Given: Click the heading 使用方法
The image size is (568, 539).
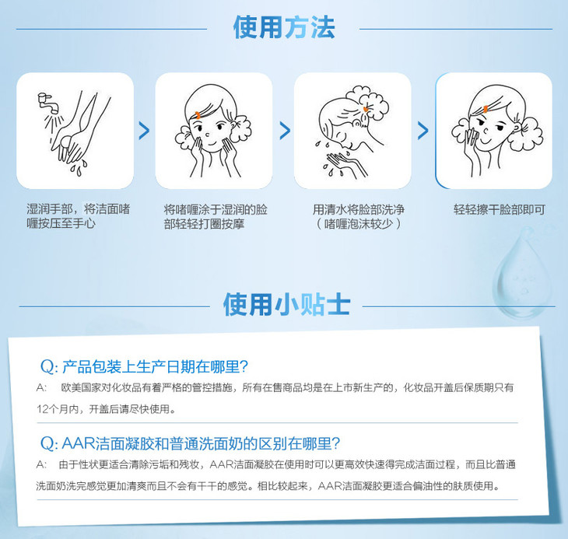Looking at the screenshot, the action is [x=284, y=27].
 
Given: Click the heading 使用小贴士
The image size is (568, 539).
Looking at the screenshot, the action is [x=286, y=305].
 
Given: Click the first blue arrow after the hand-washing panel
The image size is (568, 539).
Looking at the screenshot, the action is [x=144, y=131].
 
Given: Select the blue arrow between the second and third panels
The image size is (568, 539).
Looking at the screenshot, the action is [x=285, y=131].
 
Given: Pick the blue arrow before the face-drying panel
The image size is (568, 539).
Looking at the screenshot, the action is [x=422, y=131].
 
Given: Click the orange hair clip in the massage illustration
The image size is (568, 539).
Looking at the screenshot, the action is [x=198, y=115].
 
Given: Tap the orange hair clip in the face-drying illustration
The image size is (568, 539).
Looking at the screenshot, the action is [x=486, y=109].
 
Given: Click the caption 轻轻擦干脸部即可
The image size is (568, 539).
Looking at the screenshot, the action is [x=500, y=209].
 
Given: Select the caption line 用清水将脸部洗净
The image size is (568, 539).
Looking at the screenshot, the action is [x=359, y=209].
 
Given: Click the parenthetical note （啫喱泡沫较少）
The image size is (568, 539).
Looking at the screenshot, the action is [x=359, y=224].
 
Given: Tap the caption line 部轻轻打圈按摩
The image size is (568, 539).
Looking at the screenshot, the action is [x=204, y=224].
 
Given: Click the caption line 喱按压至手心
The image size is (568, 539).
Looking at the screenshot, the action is [x=61, y=223].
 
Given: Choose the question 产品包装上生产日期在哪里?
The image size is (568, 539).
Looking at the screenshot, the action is [x=144, y=366].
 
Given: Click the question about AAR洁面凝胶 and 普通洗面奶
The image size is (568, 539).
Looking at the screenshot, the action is [x=190, y=443].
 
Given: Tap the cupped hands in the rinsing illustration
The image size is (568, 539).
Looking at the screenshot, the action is [x=344, y=161].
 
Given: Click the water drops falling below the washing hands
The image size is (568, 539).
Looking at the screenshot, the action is [x=79, y=167].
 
